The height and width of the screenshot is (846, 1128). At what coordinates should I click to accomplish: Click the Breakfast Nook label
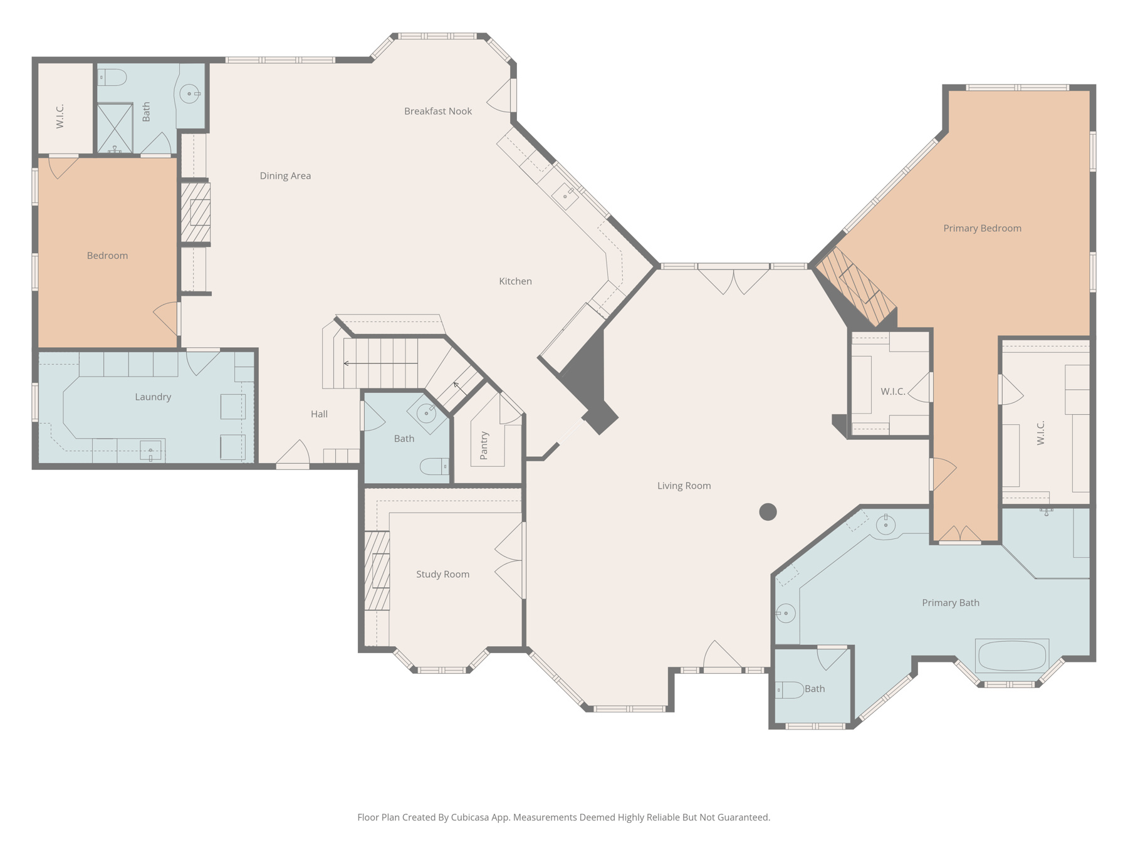point(437,112)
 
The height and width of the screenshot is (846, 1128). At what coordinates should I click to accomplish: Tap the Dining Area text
point(285,176)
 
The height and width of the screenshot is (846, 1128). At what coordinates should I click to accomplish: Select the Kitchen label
point(515,281)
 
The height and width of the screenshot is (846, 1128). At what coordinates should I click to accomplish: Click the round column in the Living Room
point(768,512)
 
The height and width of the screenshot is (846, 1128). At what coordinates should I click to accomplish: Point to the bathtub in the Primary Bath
point(1011,656)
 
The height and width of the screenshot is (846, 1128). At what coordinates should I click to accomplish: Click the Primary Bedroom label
point(982,229)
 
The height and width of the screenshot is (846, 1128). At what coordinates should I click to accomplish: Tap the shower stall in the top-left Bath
point(115,128)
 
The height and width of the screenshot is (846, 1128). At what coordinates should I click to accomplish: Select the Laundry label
point(153,397)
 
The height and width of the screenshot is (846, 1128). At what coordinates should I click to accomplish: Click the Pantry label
point(484,446)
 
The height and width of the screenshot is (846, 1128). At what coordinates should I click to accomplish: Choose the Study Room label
point(442,575)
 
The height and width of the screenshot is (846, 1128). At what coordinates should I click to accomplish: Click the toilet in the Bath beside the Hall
point(433,466)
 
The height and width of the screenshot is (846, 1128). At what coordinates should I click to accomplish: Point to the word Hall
point(319,414)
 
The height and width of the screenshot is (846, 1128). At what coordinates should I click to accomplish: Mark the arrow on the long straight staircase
point(347,363)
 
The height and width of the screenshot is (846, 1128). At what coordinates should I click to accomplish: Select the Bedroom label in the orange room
point(107,256)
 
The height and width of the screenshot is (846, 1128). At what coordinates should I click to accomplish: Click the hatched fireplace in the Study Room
point(377,571)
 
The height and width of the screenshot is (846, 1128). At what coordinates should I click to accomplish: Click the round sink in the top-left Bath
point(189,94)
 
